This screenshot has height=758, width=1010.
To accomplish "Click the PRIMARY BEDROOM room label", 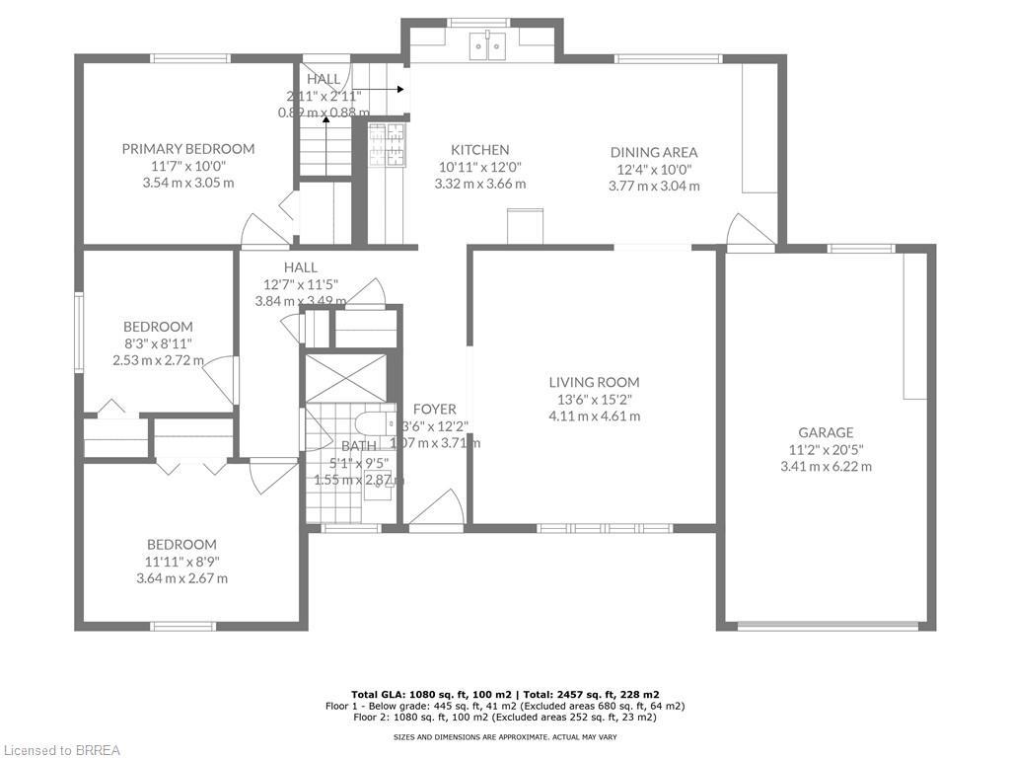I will click(187, 149).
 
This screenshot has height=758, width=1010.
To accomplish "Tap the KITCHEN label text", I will click(479, 150).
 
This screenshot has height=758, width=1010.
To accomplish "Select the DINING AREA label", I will click(653, 152).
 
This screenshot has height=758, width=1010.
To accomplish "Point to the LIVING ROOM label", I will click(594, 382).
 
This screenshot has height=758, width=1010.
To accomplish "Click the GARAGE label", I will click(826, 432).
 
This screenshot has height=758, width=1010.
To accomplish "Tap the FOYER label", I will click(434, 409).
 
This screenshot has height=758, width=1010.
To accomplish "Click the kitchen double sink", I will click(487, 43).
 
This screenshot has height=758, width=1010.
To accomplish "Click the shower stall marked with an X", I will click(345, 377).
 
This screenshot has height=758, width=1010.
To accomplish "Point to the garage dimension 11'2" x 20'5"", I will click(826, 449).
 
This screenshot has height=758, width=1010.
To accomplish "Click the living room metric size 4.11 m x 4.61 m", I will click(594, 416).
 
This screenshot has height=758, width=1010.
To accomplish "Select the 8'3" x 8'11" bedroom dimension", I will click(158, 343).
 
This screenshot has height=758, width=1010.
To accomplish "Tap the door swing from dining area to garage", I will click(748, 231).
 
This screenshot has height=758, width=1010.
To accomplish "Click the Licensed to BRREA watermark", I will click(61, 750).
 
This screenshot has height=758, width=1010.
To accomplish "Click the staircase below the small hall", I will click(325, 148).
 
